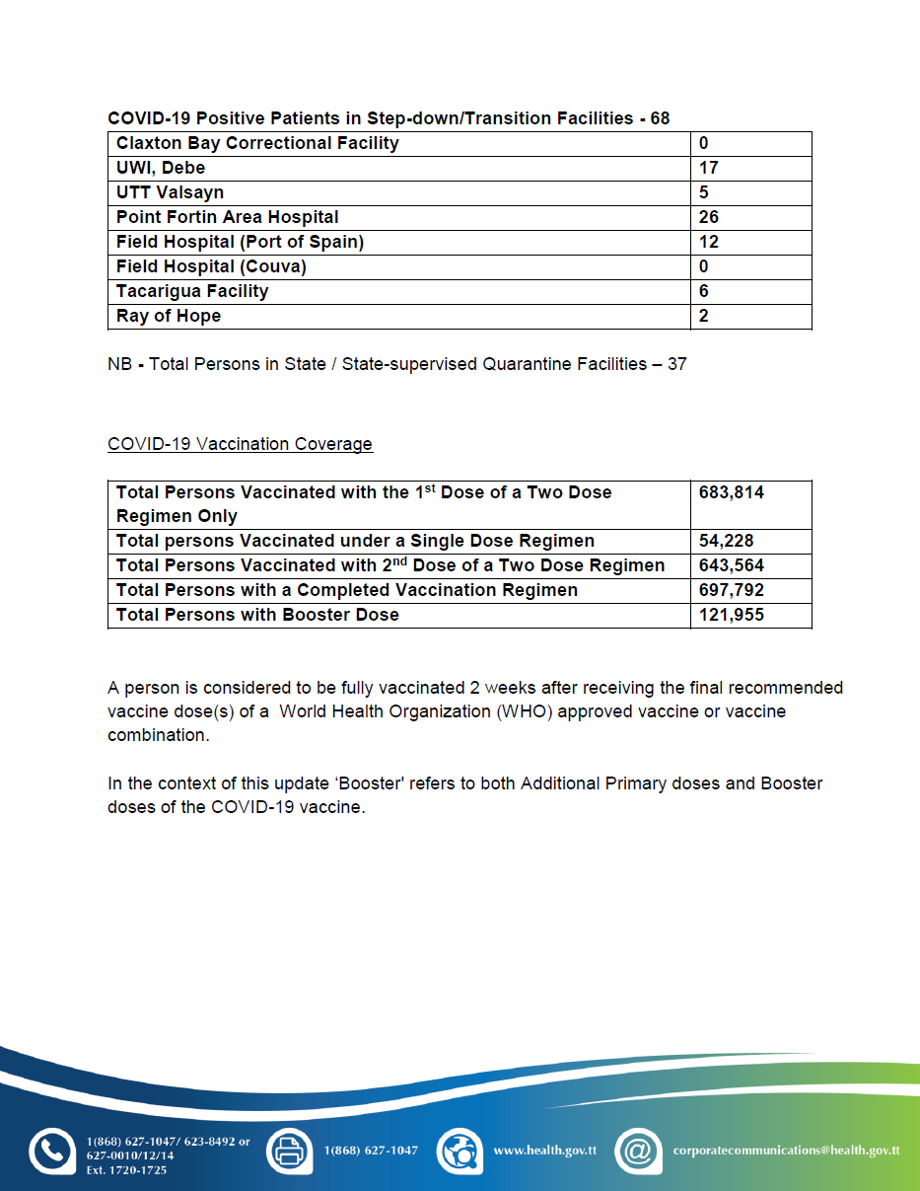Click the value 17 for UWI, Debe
708,168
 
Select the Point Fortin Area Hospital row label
227,217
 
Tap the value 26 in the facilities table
708,217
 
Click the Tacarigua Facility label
191,291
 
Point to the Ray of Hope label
168,316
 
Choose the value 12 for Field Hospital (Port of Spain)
708,242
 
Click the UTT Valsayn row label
170,192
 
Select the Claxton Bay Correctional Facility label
257,143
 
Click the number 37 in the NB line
676,364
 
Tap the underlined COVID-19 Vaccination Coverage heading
240,444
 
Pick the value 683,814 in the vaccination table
731,492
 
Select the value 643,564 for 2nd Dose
731,565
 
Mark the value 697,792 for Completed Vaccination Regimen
731,590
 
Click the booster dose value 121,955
731,615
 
